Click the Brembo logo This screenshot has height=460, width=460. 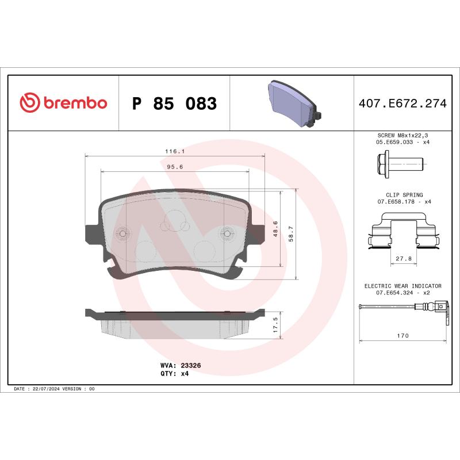point(63,103)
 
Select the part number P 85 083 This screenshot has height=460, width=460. point(174,104)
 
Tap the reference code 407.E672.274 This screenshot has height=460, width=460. point(402,104)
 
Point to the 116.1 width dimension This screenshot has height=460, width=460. point(174,151)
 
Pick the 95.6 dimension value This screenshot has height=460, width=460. point(174,167)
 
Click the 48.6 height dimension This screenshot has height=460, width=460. point(275,228)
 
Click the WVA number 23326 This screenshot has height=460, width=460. point(190,365)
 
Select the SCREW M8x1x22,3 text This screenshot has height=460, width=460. point(402,135)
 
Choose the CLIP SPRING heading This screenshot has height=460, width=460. point(402,195)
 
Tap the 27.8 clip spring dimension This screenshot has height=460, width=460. point(403,259)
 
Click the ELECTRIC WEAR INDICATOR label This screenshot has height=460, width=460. point(402,286)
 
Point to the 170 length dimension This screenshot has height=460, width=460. point(402,336)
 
